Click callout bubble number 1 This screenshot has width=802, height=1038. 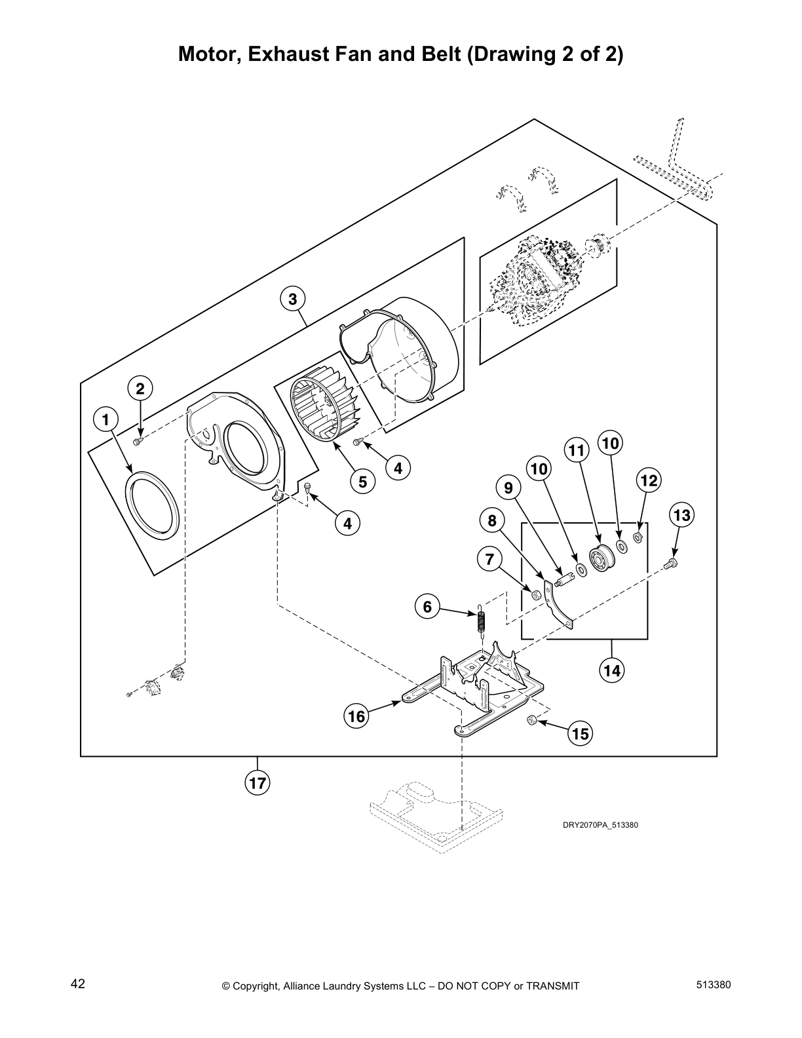tap(106, 419)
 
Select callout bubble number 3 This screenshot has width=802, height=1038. tap(292, 299)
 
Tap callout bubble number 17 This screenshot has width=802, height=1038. tap(258, 782)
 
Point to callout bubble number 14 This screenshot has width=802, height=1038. tap(611, 670)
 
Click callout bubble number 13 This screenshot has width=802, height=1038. tap(682, 515)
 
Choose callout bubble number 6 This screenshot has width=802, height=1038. tap(427, 607)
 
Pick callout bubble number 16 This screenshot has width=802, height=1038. tap(356, 716)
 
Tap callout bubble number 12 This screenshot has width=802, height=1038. tap(649, 481)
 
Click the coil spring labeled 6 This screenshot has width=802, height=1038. tap(482, 619)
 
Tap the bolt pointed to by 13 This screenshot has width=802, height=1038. tap(671, 562)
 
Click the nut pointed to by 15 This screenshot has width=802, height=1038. tap(532, 720)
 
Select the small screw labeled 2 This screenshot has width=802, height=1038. tap(138, 442)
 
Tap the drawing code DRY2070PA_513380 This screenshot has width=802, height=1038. tap(600, 824)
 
